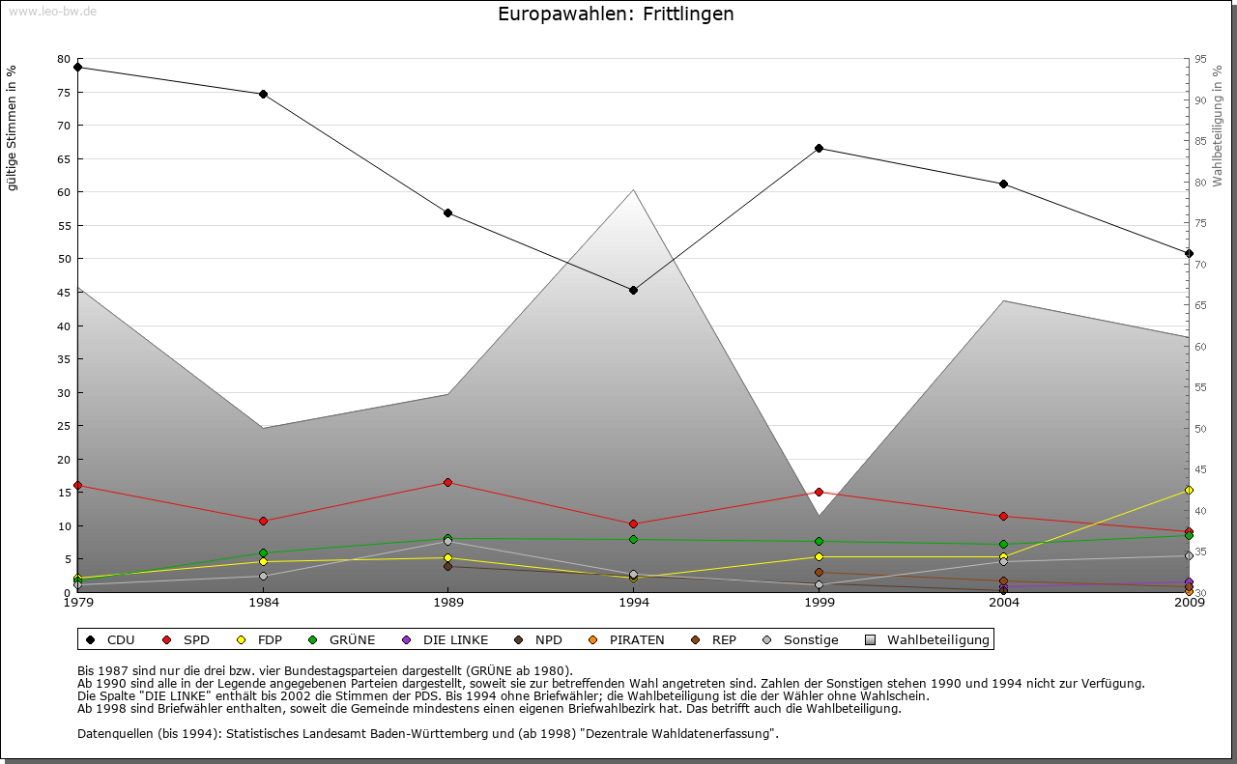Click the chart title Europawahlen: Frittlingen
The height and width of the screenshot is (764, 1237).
pos(616,14)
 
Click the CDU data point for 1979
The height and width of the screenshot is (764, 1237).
pos(77,68)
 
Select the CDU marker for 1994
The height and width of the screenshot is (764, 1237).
pos(633,290)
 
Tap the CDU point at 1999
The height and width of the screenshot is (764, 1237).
pos(819,148)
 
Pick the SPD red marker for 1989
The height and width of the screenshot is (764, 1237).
pos(447,482)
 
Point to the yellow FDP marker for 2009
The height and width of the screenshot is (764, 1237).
pos(1189,491)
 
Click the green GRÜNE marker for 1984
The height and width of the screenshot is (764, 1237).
pos(263,553)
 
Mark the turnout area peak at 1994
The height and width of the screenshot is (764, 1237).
pos(633,189)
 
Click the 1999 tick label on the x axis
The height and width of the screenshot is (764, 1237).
pos(819,604)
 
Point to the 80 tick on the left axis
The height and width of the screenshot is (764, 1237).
pos(64,59)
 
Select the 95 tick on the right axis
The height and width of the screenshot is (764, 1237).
pos(1200,59)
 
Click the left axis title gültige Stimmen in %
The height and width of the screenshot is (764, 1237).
pos(13,128)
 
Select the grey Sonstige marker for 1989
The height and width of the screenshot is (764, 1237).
pos(447,542)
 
